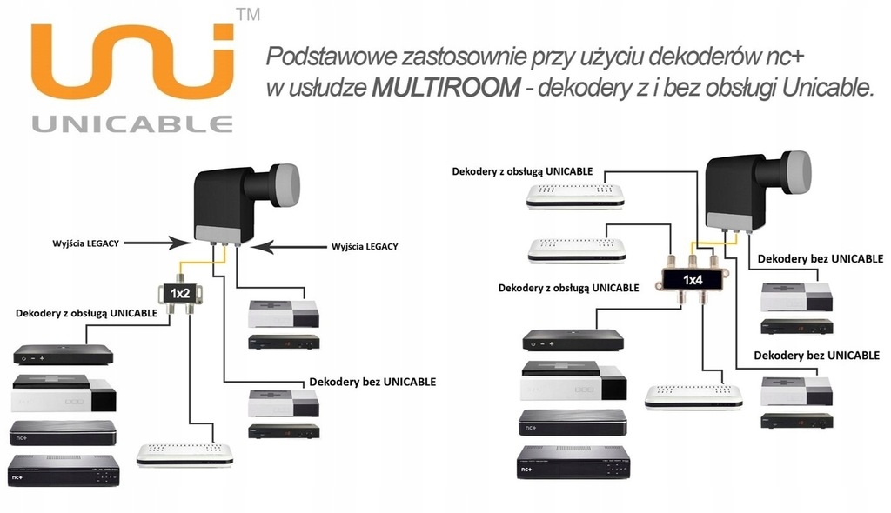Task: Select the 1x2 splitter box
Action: [x=180, y=293]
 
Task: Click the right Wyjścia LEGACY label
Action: [x=364, y=246]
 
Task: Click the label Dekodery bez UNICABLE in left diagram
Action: [x=372, y=381]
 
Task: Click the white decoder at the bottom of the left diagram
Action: [x=184, y=454]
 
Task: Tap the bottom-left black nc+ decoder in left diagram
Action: [x=64, y=470]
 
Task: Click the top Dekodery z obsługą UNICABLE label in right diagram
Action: [x=522, y=171]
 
